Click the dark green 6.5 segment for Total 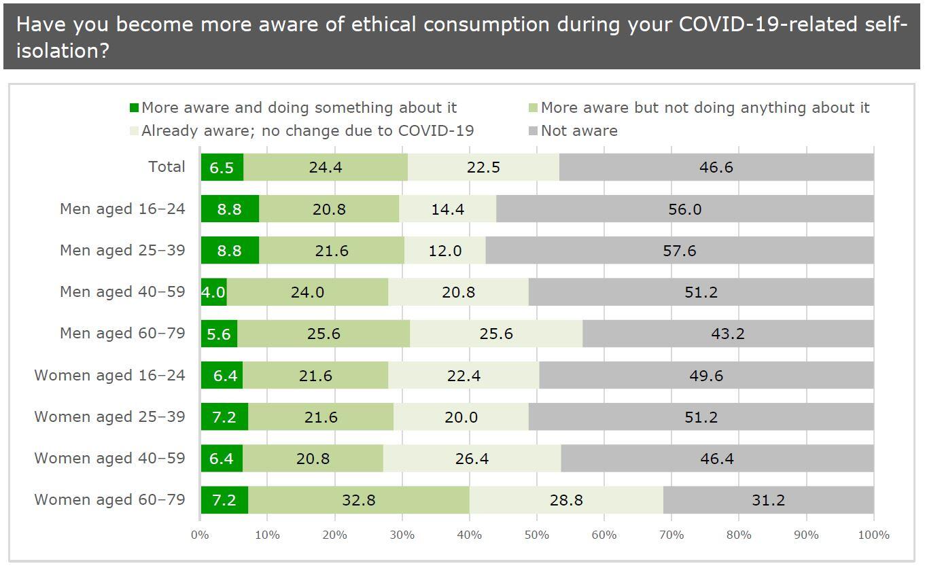click(222, 167)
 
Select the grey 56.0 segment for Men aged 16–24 click(684, 209)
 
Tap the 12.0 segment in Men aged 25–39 click(445, 250)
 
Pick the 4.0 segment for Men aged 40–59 click(213, 291)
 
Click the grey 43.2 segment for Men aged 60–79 click(728, 333)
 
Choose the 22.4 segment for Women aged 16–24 click(464, 375)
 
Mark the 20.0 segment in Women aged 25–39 click(461, 416)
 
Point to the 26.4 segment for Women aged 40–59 click(472, 458)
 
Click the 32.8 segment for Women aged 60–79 click(358, 500)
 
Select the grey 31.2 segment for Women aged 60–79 click(769, 500)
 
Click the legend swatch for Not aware click(533, 130)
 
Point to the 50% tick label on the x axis click(537, 535)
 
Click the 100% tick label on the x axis click(873, 535)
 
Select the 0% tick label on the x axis click(200, 535)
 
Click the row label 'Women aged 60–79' click(109, 500)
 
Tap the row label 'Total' click(167, 167)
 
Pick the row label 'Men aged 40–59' click(122, 291)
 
